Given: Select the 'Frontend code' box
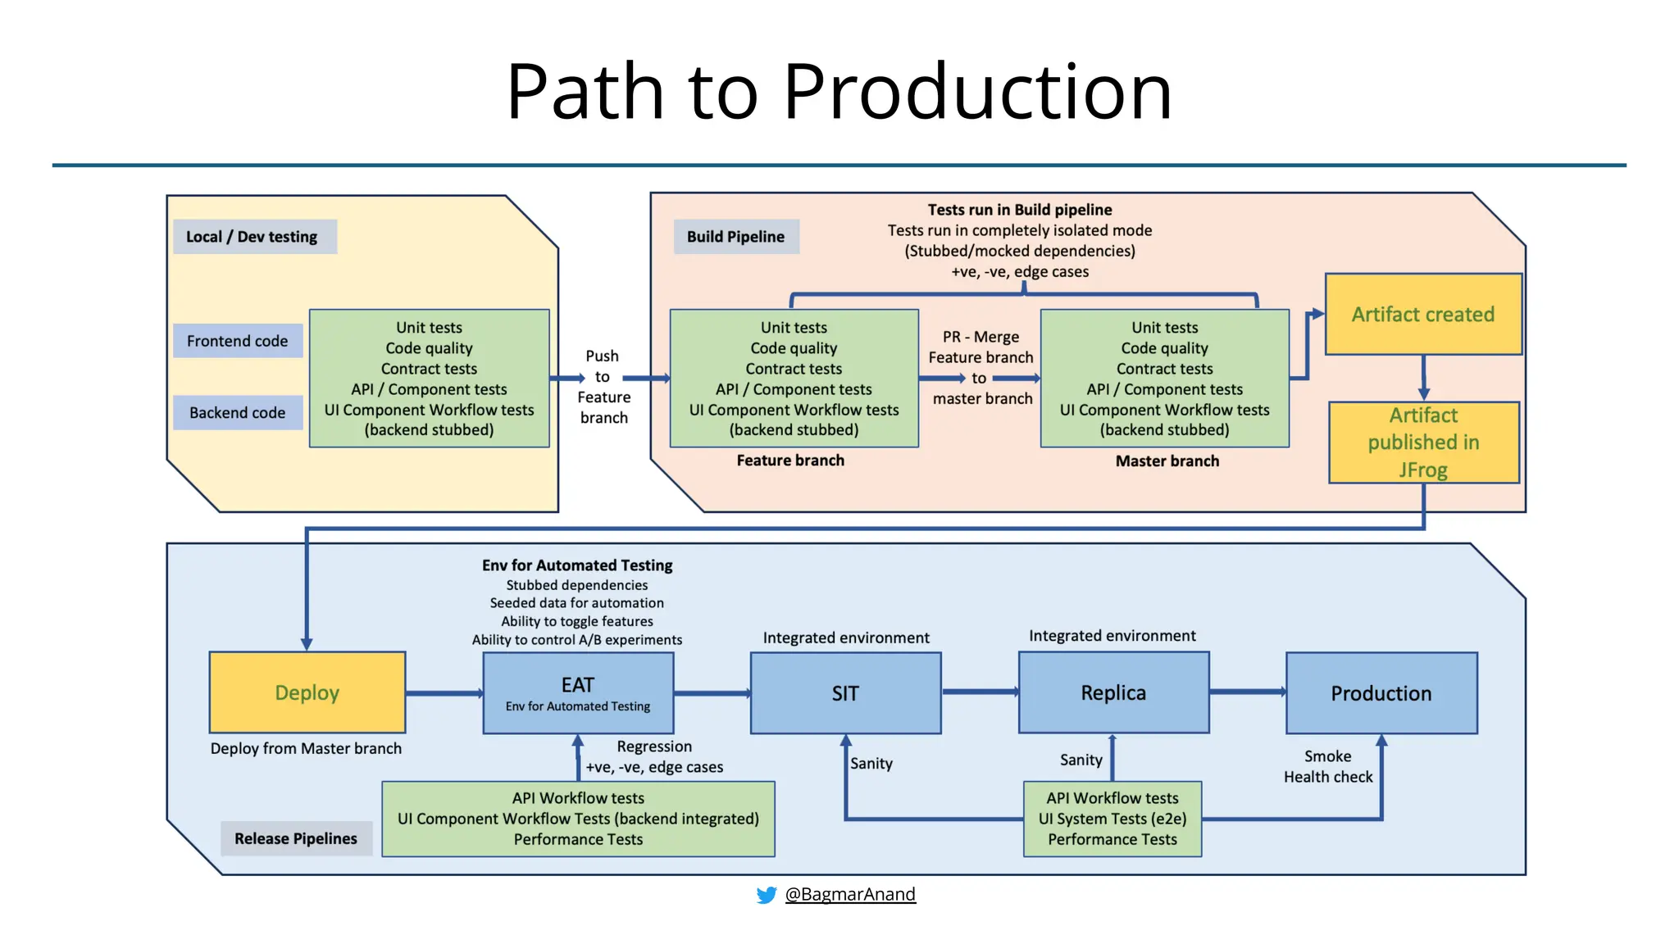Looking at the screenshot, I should tap(238, 341).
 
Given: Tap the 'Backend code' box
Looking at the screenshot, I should tap(238, 413).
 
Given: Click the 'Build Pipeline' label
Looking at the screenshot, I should tap(735, 237).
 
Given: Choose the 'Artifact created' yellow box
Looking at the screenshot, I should tap(1423, 315).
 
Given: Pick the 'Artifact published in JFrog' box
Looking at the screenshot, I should tap(1423, 442).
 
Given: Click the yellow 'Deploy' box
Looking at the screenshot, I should tap(307, 692).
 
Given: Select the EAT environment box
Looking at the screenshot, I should tap(578, 693).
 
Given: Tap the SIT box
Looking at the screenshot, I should tap(845, 693).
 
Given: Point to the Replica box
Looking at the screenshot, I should tap(1113, 693).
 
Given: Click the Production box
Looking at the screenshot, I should tap(1381, 693).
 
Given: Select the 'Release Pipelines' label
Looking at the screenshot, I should tap(296, 838).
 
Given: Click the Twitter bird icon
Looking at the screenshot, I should tap(767, 895).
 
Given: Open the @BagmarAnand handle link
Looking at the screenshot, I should tap(850, 894).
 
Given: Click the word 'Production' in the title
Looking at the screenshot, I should tap(977, 92).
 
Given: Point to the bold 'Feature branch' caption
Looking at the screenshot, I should tap(790, 461).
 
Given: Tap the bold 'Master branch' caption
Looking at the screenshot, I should tap(1167, 461).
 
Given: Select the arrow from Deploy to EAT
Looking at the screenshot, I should tap(444, 693).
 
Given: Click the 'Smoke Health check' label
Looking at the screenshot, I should tap(1328, 767).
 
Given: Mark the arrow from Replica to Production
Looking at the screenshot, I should tap(1248, 692).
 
